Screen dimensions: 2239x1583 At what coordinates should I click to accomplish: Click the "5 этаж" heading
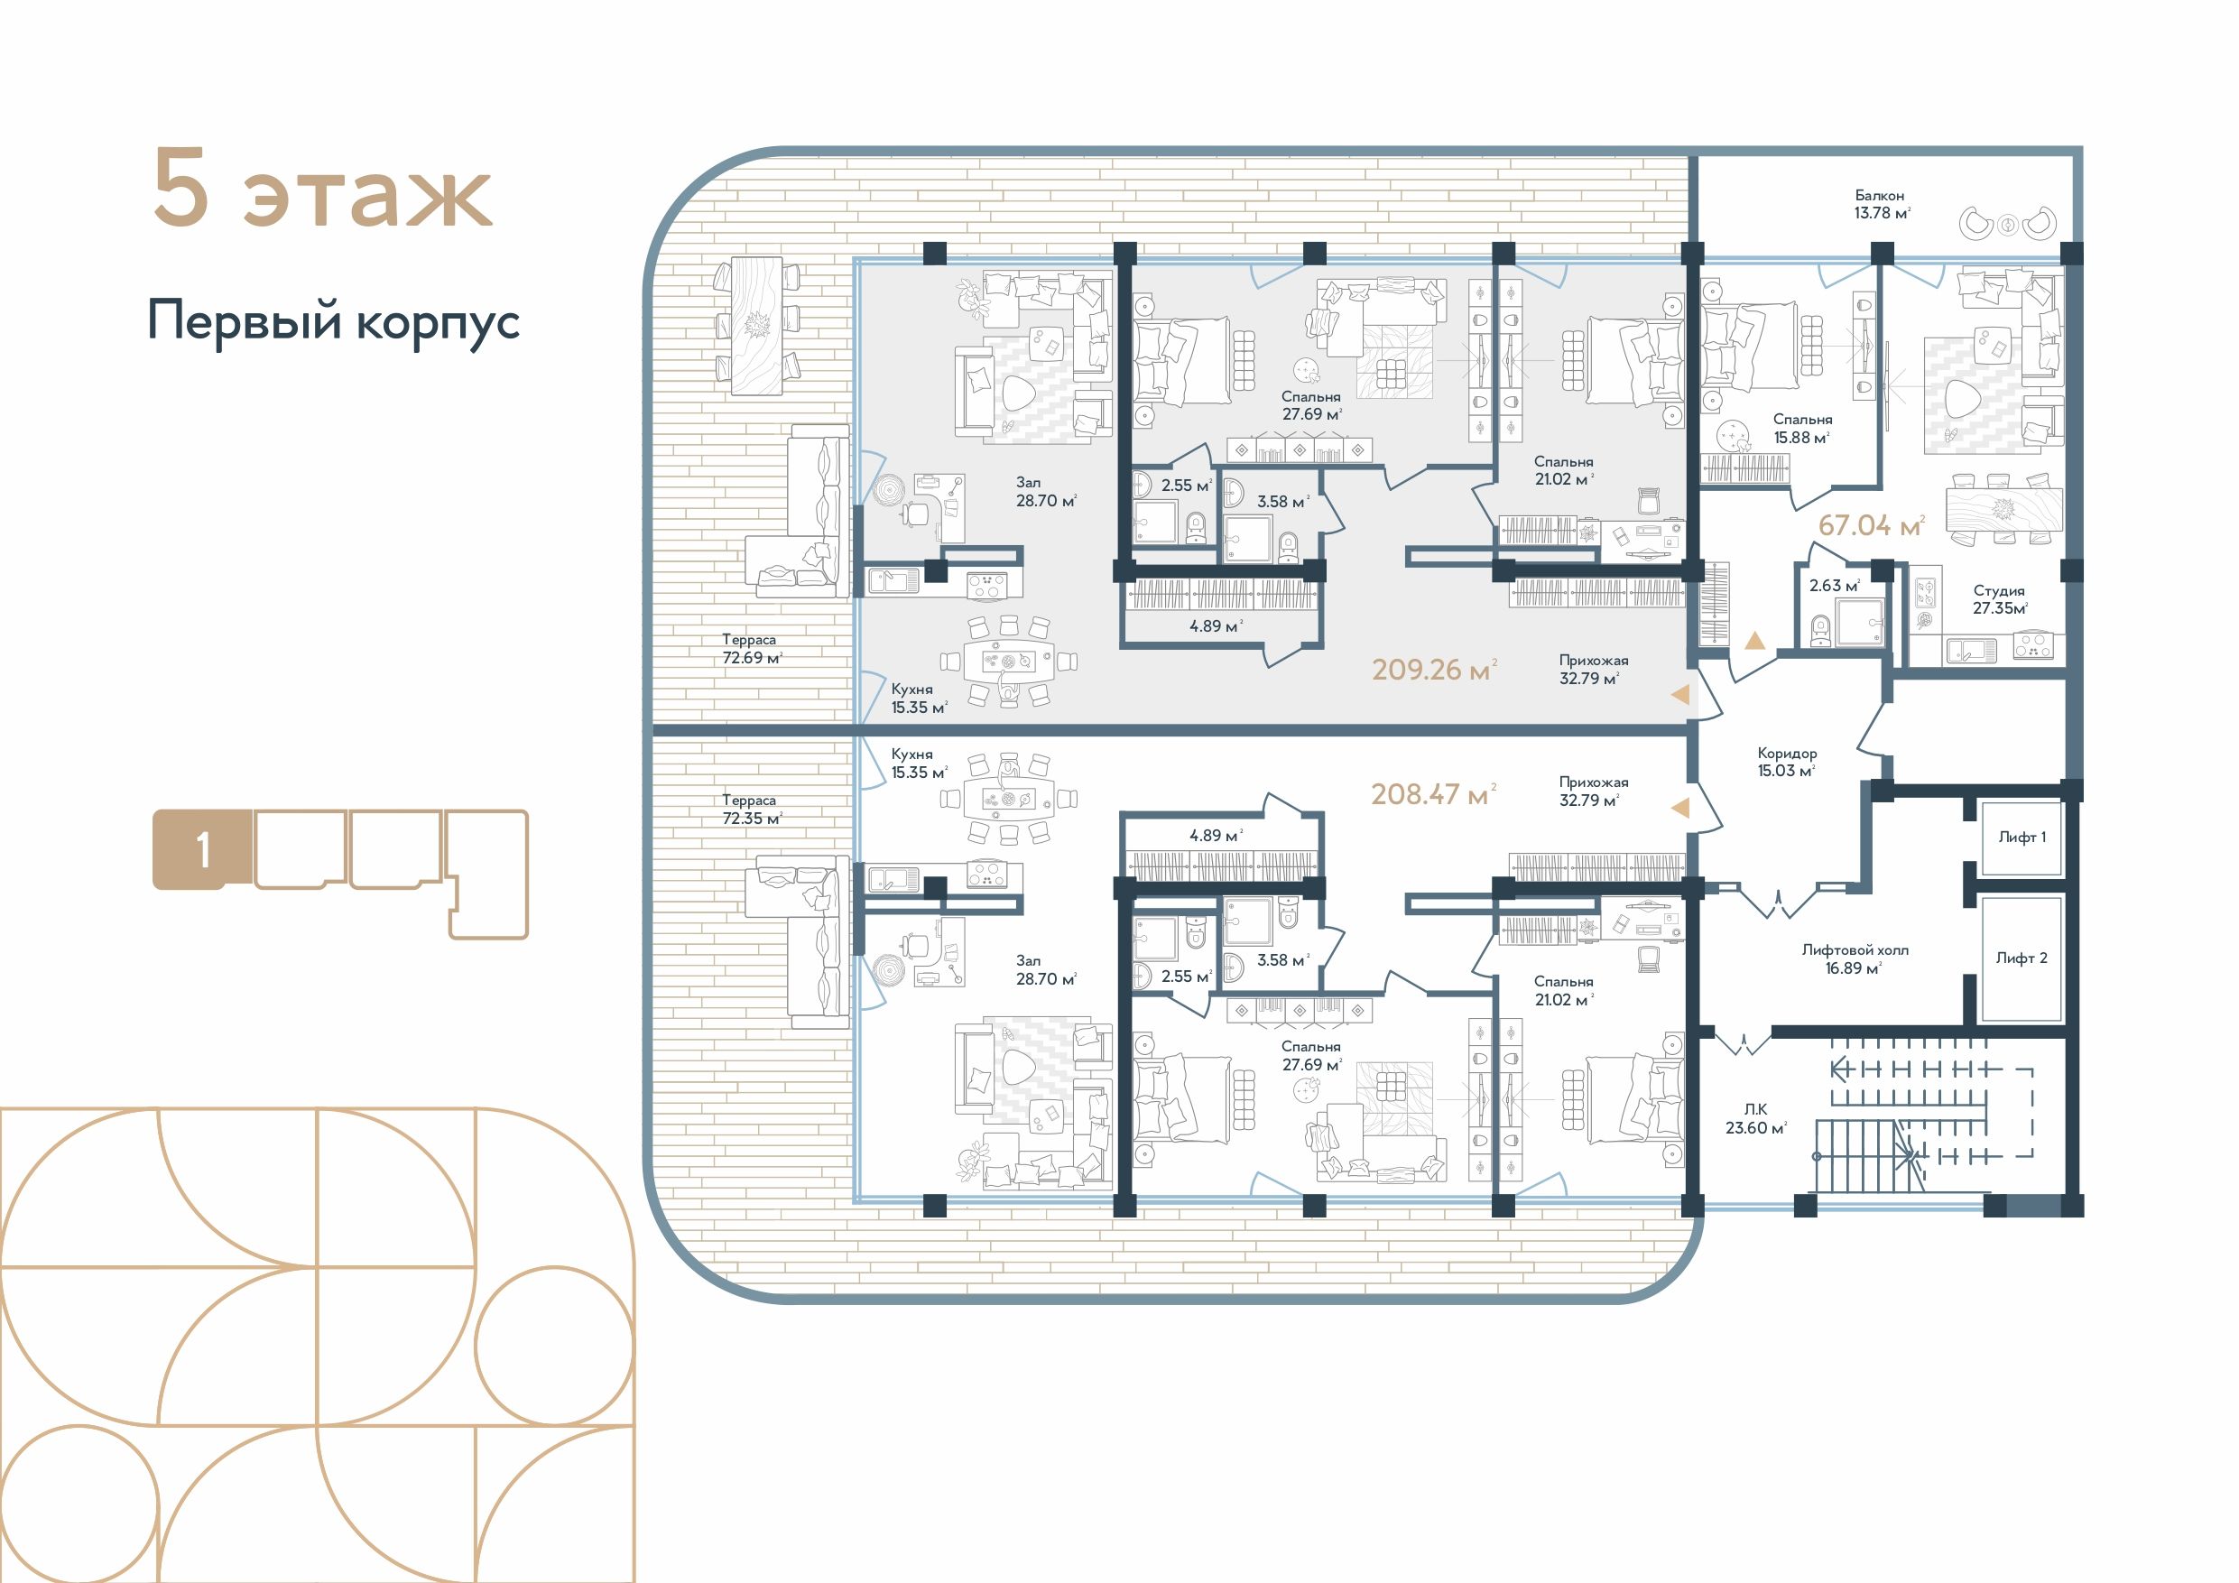[323, 190]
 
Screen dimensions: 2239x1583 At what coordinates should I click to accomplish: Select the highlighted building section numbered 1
[190, 849]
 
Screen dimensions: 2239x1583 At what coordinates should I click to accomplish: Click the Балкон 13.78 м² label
[1881, 204]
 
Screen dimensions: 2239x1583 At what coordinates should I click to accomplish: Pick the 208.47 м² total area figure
[1432, 794]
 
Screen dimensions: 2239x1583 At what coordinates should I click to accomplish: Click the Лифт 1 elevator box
[2022, 837]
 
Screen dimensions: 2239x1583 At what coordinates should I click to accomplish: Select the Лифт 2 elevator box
[2022, 958]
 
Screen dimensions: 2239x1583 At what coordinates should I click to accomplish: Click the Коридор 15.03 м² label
[1787, 762]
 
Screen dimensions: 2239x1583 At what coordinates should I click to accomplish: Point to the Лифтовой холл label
[1855, 950]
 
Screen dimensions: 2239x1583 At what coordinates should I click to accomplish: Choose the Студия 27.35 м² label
[1999, 599]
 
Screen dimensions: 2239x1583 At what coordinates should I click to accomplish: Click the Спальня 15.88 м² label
[1802, 428]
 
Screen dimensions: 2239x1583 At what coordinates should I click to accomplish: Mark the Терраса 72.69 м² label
[752, 649]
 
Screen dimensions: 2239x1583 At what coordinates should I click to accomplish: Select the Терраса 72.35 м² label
[752, 810]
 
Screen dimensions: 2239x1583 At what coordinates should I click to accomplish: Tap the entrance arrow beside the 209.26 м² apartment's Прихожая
[1680, 694]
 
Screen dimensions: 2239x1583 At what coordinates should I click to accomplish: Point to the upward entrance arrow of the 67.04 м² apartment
[1754, 641]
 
